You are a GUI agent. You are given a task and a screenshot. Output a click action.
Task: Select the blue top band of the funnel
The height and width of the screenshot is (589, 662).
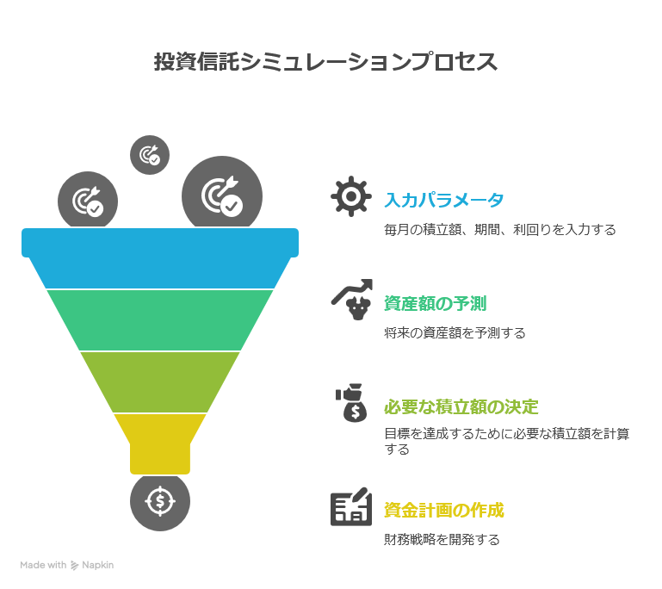pyautogui.click(x=160, y=250)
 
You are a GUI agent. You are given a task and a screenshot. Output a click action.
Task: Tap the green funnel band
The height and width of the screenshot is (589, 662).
pyautogui.click(x=160, y=319)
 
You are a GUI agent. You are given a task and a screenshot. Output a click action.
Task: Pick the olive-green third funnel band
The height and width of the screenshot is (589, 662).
pyautogui.click(x=160, y=381)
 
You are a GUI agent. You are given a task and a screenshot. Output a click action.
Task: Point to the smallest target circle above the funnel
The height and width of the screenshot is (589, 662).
pyautogui.click(x=150, y=155)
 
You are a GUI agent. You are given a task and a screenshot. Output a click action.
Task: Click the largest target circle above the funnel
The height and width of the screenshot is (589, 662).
pyautogui.click(x=221, y=195)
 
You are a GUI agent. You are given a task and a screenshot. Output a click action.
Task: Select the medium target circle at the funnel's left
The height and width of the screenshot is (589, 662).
pyautogui.click(x=88, y=201)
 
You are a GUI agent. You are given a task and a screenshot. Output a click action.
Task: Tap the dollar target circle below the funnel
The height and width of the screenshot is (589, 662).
pyautogui.click(x=160, y=500)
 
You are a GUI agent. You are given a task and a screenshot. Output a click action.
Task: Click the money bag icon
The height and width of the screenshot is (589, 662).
pyautogui.click(x=352, y=403)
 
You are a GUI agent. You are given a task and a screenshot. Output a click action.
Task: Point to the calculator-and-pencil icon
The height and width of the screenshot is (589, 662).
pyautogui.click(x=351, y=508)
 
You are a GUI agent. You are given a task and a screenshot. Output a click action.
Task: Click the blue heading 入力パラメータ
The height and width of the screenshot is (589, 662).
pyautogui.click(x=444, y=200)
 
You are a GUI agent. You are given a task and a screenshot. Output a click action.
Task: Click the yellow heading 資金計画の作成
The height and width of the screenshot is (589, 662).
pyautogui.click(x=444, y=510)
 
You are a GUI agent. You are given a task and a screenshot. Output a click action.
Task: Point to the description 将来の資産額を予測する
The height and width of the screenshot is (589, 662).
pyautogui.click(x=455, y=332)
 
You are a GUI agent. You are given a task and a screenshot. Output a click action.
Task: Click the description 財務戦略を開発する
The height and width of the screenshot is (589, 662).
pyautogui.click(x=442, y=540)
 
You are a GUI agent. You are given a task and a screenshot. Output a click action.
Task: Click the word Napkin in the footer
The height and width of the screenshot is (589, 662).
pyautogui.click(x=97, y=565)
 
